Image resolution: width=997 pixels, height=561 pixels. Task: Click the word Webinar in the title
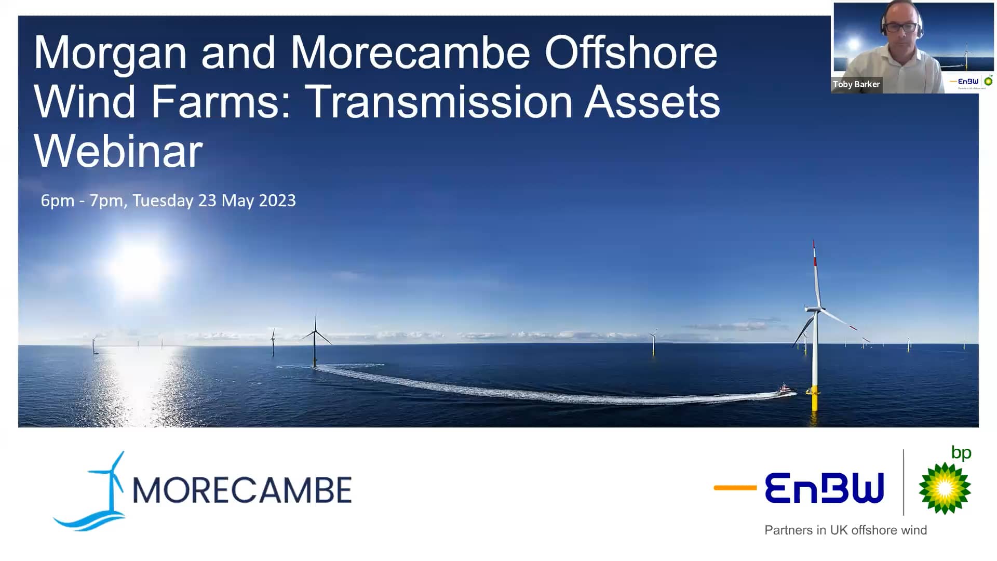118,151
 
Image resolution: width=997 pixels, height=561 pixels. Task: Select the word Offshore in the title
630,53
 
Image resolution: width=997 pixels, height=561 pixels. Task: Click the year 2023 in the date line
277,201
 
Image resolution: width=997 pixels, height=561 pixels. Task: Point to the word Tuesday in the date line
163,201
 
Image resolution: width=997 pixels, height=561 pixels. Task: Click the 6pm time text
57,201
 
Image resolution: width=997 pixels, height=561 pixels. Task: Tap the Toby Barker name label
856,84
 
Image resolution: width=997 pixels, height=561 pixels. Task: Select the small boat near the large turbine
785,390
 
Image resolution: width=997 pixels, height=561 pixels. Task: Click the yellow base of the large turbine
814,398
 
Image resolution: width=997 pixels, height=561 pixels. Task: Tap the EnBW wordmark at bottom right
824,488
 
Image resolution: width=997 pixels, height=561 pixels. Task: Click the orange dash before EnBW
735,488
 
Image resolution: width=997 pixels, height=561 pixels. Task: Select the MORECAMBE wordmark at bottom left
242,490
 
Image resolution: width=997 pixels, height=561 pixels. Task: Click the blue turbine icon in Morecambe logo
106,488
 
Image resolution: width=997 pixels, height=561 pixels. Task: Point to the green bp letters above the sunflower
961,453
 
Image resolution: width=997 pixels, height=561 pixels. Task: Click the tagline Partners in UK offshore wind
845,530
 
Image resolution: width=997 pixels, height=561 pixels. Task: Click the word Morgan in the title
110,53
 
